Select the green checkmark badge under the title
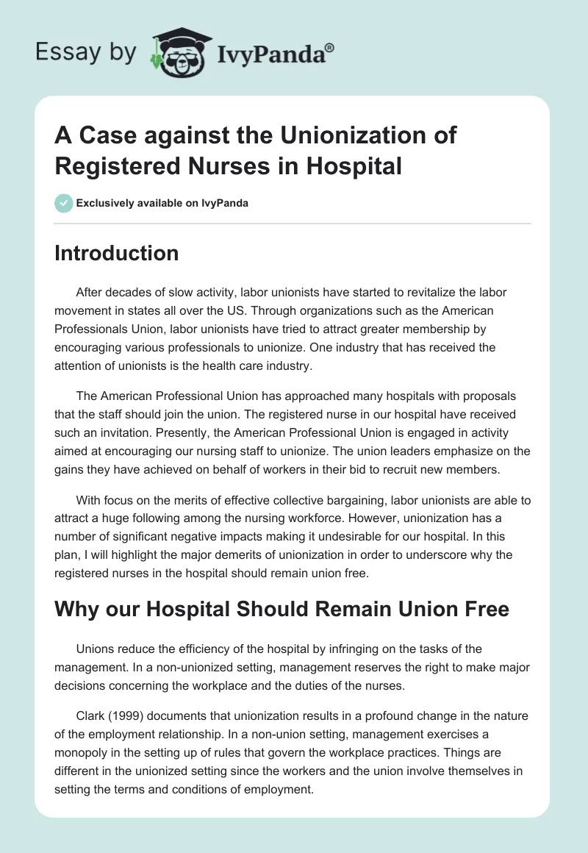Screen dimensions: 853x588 coord(65,203)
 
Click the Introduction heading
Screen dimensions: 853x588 coord(116,253)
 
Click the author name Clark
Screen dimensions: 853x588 coord(91,715)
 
